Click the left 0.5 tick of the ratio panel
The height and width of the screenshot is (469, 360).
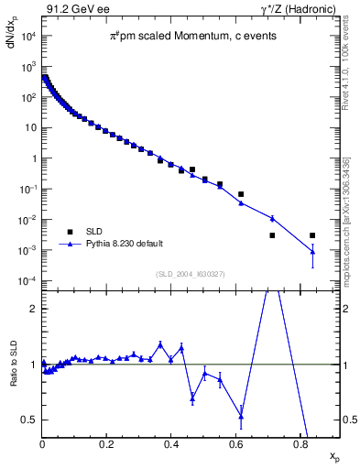pyautogui.click(x=30, y=420)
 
